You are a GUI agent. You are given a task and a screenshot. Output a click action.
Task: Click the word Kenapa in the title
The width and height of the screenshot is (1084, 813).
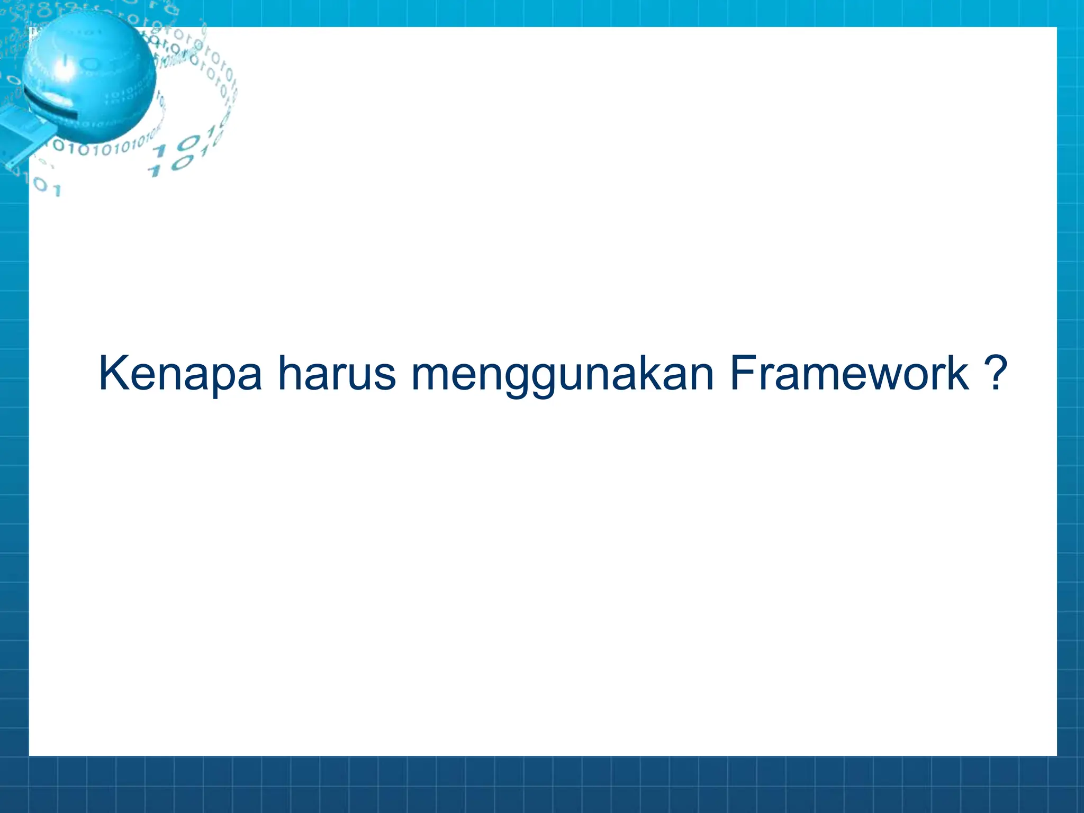[x=180, y=374]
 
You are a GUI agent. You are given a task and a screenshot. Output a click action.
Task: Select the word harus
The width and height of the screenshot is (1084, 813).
[x=337, y=374]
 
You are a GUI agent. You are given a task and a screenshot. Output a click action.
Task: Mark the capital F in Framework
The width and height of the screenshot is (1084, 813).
[x=742, y=374]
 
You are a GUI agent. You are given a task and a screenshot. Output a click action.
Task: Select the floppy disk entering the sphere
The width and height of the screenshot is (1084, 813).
[x=24, y=138]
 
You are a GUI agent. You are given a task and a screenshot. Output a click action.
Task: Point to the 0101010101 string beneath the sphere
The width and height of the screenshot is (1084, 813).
[x=101, y=146]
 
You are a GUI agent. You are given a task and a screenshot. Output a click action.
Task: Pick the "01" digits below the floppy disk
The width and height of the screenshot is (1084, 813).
[x=48, y=187]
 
